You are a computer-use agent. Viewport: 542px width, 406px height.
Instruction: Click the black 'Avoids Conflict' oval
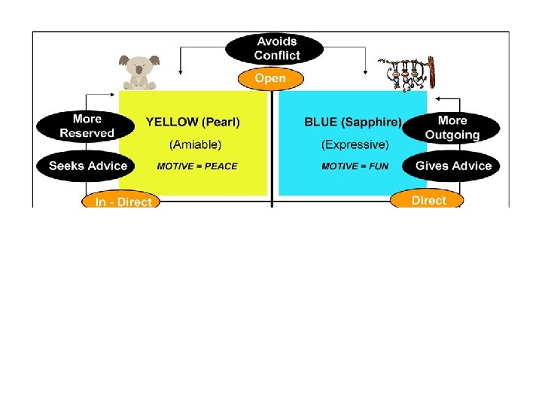276,49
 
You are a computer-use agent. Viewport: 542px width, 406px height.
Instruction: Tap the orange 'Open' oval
270,78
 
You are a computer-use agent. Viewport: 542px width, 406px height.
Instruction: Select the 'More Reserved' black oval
87,126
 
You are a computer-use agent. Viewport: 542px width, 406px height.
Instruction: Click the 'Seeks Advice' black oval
87,166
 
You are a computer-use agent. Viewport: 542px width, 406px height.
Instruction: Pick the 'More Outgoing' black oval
452,128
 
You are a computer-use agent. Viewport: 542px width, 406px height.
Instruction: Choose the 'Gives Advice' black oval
452,166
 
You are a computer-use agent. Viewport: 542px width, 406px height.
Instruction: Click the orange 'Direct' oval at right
428,199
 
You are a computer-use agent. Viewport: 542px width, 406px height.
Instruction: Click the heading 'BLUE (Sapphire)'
352,122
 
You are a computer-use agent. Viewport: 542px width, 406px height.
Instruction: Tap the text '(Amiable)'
193,144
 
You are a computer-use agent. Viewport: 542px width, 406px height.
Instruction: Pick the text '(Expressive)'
355,144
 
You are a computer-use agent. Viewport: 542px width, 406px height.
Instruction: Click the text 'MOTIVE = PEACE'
196,166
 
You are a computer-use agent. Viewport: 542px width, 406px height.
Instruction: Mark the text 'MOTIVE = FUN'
355,166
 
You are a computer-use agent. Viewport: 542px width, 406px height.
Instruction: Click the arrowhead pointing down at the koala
180,72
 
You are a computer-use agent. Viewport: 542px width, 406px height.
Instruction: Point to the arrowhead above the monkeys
366,72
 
